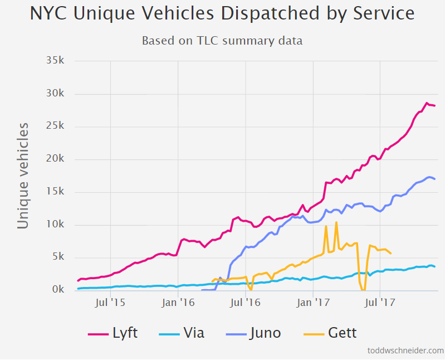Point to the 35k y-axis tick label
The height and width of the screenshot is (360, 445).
click(x=56, y=61)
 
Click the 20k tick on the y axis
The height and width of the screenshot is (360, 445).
click(x=56, y=159)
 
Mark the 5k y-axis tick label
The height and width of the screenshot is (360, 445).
click(x=58, y=257)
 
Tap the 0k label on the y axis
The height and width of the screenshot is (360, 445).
click(x=58, y=290)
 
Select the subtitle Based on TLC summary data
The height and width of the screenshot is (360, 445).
click(x=222, y=41)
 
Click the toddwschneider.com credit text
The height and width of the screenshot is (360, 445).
click(x=405, y=351)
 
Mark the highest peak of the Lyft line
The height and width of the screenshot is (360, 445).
click(x=427, y=103)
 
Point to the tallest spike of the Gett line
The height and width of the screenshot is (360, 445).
click(x=336, y=222)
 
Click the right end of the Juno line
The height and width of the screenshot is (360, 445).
click(x=434, y=179)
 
